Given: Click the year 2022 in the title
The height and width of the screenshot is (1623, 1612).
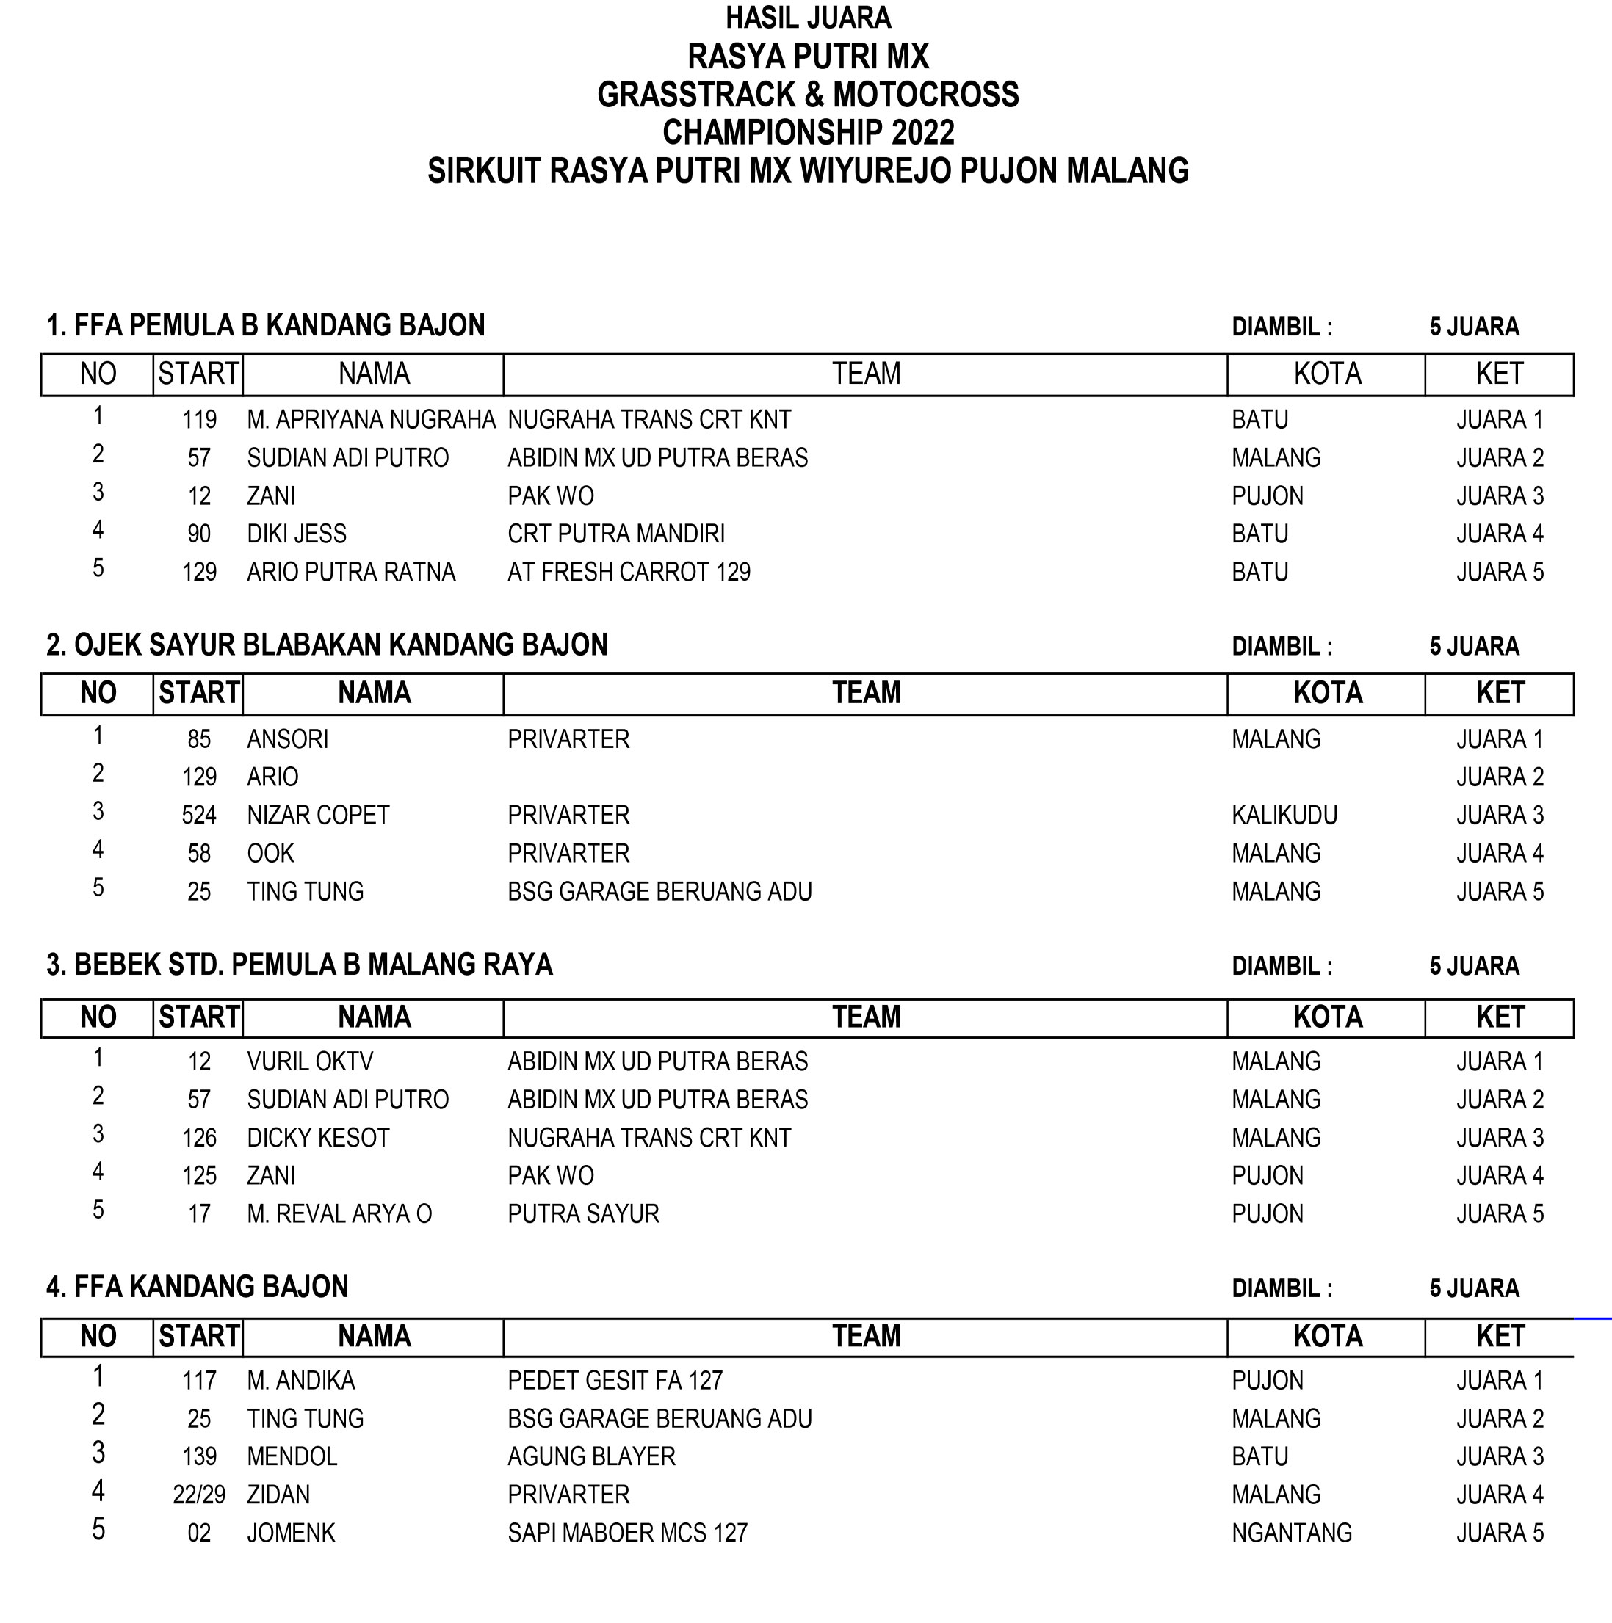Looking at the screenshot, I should click(x=922, y=133).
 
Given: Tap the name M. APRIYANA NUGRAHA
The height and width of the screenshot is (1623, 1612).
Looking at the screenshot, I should click(x=371, y=419).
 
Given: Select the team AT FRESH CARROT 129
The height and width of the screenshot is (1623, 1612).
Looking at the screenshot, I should click(x=629, y=572).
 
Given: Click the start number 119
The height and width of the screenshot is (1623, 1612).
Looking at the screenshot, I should click(x=199, y=419).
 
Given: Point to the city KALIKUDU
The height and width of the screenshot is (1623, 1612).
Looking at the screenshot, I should click(x=1284, y=815).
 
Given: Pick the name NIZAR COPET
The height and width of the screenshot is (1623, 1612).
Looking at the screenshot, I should click(x=318, y=815).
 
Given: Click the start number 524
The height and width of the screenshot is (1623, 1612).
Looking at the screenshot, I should click(x=199, y=815).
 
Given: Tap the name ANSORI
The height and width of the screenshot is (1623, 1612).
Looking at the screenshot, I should click(x=287, y=739).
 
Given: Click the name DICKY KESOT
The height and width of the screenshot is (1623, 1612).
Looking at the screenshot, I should click(x=318, y=1138).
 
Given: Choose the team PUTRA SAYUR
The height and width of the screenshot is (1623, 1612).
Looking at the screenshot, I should click(x=583, y=1214).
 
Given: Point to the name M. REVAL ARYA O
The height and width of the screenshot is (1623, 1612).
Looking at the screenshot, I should click(x=339, y=1214).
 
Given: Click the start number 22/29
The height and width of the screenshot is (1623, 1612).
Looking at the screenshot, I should click(x=199, y=1495).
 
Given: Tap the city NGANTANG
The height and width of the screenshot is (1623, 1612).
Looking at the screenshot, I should click(x=1292, y=1533).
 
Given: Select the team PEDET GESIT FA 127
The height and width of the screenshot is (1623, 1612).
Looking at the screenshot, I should click(x=615, y=1380).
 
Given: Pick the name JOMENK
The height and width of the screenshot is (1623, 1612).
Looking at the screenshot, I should click(x=291, y=1533).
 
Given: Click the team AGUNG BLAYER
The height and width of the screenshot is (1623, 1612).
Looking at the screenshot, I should click(x=591, y=1456).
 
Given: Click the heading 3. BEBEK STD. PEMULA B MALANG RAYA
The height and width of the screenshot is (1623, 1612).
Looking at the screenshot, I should click(x=299, y=965).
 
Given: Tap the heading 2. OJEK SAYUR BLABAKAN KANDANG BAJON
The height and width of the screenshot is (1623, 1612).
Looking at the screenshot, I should click(x=326, y=645).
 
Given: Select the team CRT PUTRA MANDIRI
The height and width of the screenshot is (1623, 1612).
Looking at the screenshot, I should click(x=616, y=534).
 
